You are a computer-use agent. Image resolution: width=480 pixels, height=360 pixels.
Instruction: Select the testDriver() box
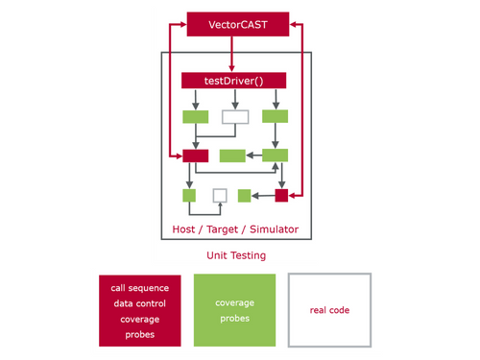click(x=235, y=82)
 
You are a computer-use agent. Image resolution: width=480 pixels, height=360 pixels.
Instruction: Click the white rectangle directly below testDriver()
click(x=235, y=117)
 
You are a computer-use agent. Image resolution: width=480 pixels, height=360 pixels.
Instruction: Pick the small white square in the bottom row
click(x=220, y=195)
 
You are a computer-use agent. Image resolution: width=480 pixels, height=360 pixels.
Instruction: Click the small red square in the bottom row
click(x=281, y=195)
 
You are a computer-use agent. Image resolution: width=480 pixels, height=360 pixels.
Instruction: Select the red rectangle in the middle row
click(x=196, y=156)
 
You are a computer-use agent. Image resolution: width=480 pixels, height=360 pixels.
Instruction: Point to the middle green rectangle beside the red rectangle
click(x=232, y=156)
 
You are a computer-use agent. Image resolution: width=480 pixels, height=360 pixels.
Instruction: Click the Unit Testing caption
click(x=236, y=256)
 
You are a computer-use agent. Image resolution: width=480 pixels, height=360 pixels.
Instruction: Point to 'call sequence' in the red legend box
click(x=140, y=287)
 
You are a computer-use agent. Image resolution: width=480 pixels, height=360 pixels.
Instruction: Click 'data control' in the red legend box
click(x=140, y=303)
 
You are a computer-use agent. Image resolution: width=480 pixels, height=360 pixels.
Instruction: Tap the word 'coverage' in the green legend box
click(x=235, y=302)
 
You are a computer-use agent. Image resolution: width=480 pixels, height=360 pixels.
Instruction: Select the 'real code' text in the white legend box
click(x=329, y=310)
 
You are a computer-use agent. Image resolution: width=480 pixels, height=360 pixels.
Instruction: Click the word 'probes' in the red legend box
click(x=140, y=334)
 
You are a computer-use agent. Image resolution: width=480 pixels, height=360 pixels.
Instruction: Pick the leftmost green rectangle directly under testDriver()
click(x=196, y=117)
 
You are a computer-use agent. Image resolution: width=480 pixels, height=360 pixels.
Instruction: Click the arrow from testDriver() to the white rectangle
click(x=235, y=99)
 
